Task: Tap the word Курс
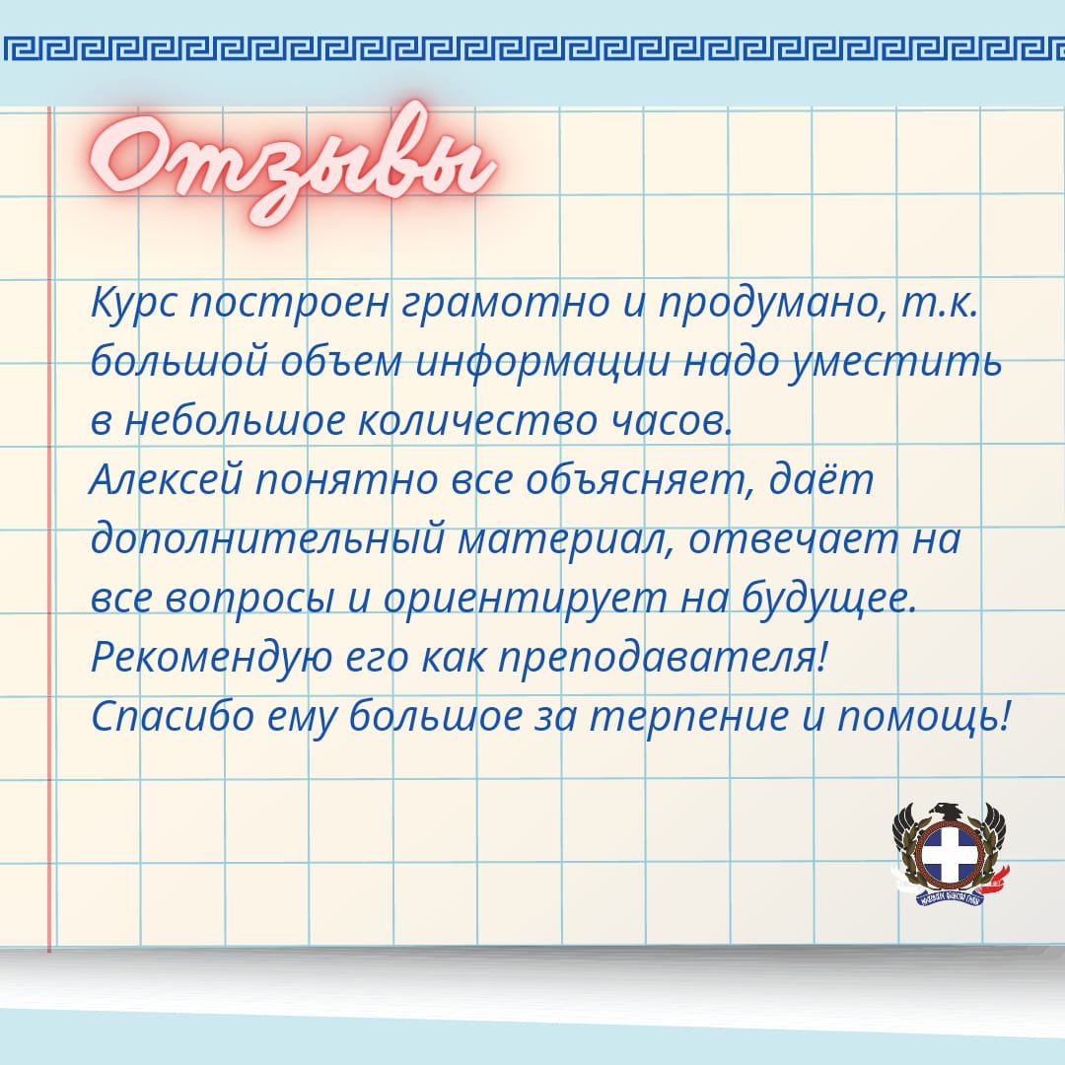click(132, 303)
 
